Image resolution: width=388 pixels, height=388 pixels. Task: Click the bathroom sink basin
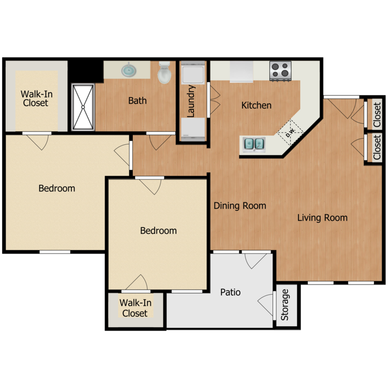[129, 70]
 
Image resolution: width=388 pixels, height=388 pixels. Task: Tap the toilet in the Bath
[165, 72]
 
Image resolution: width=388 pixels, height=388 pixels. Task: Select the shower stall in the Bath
[83, 107]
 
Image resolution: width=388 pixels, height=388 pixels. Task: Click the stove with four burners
[280, 71]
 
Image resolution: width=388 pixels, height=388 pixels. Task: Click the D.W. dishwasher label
[290, 133]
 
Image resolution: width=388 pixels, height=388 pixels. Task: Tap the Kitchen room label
[257, 106]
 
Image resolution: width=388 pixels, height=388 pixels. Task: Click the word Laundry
[191, 101]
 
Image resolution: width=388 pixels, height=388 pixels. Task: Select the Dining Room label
[240, 205]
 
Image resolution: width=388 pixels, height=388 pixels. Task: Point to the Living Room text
[322, 218]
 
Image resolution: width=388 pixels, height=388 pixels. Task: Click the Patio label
[230, 292]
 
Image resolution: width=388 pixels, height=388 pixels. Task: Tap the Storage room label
[285, 305]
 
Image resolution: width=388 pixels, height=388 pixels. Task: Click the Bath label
[137, 101]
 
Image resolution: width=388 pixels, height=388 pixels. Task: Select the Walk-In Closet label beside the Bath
[36, 98]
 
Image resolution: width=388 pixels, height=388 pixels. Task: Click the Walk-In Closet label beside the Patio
[135, 308]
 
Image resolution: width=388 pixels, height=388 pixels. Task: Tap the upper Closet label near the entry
[377, 115]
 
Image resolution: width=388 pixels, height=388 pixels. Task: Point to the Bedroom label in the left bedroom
[57, 188]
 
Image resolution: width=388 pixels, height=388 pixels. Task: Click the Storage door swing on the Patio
[266, 305]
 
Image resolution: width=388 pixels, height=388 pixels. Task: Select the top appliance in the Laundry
[193, 72]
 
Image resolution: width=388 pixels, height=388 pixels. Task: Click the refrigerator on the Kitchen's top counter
[241, 72]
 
